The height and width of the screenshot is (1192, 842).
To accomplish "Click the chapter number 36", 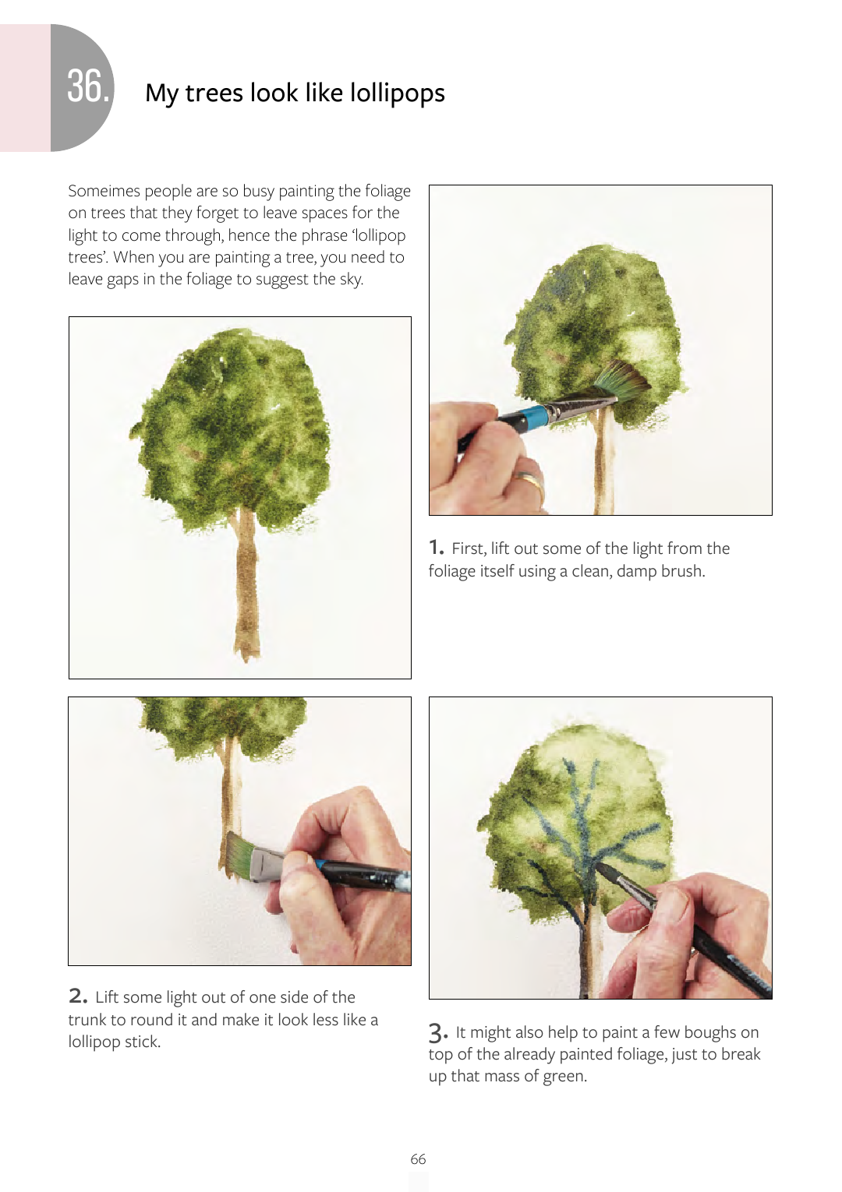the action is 87,86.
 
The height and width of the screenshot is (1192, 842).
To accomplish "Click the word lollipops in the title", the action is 398,93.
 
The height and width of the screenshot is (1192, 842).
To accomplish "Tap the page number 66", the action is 418,1158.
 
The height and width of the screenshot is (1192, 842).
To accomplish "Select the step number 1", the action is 436,546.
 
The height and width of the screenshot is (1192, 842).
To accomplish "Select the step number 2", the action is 78,995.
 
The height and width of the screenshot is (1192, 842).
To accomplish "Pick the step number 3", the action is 438,1033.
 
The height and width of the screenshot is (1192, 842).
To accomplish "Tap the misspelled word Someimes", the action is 104,191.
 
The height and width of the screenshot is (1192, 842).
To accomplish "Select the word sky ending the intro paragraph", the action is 351,280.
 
